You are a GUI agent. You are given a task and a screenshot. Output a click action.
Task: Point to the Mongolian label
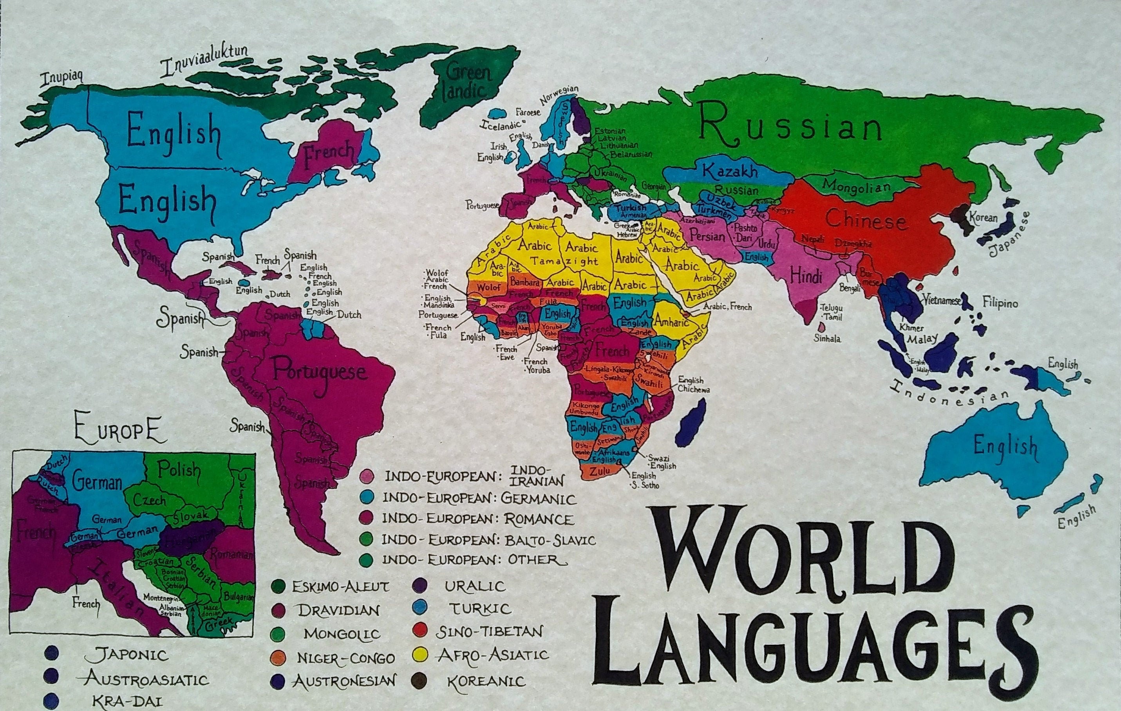coord(856,186)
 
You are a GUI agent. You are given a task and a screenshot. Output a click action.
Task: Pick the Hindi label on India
coord(806,277)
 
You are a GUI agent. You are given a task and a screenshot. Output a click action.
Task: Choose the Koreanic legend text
coord(486,682)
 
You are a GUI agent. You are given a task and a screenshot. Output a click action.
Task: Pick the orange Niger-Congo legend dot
coord(278,657)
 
